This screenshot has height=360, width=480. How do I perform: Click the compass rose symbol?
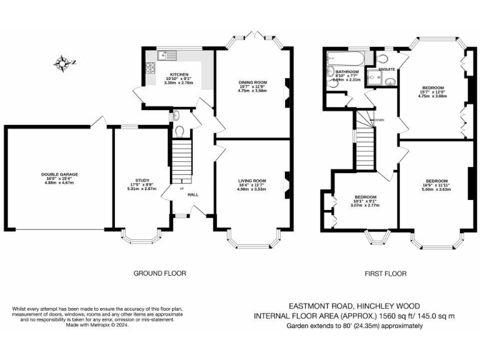(x=63, y=62)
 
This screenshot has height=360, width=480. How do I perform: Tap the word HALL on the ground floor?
(x=193, y=195)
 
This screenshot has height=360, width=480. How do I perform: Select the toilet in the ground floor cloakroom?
(x=179, y=131)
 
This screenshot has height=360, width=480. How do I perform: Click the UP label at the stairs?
(x=182, y=188)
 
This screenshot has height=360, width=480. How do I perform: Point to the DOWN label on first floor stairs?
(x=379, y=119)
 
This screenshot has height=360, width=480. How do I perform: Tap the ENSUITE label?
(x=377, y=69)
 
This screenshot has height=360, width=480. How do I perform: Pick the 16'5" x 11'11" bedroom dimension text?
(x=436, y=185)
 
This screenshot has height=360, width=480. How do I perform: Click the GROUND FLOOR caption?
(x=160, y=273)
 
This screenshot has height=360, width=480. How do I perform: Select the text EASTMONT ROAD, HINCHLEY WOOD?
(x=353, y=306)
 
